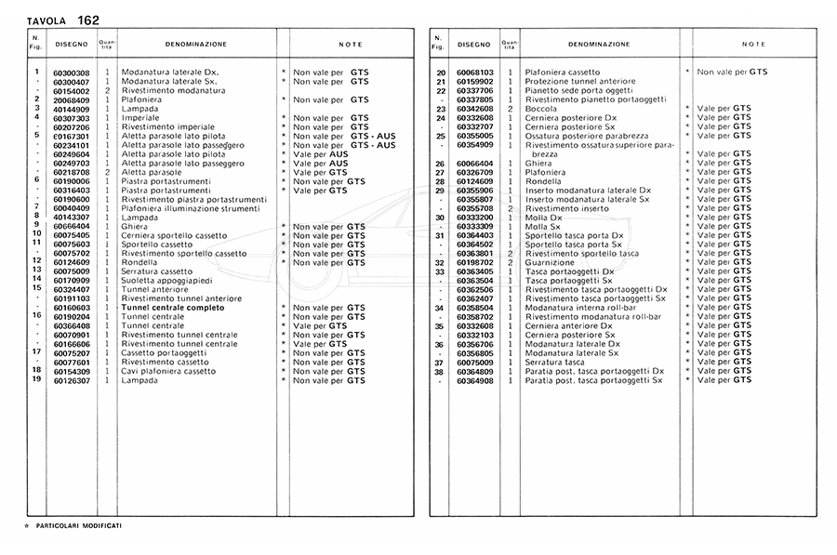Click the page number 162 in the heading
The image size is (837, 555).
pyautogui.click(x=88, y=19)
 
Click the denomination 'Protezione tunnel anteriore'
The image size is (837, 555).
pyautogui.click(x=580, y=82)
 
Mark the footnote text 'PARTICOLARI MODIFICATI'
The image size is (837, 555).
pyautogui.click(x=79, y=526)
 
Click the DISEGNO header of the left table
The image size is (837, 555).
pyautogui.click(x=71, y=44)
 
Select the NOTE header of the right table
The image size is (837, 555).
pyautogui.click(x=754, y=44)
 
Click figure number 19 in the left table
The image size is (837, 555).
pyautogui.click(x=35, y=378)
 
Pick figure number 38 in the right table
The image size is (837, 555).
pyautogui.click(x=441, y=371)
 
